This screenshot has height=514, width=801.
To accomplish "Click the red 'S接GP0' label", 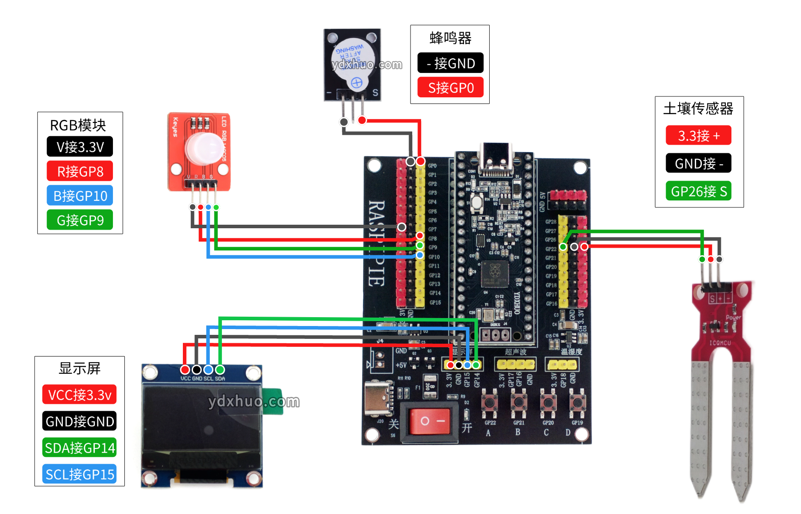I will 450,88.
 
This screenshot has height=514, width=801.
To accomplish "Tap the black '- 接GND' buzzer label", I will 450,63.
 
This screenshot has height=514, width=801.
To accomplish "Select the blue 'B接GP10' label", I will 80,196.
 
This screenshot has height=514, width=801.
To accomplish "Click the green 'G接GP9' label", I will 80,220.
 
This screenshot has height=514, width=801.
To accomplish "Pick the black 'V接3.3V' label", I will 80,147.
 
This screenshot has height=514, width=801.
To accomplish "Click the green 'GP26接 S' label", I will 698,191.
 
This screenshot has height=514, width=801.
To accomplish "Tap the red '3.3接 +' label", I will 698,135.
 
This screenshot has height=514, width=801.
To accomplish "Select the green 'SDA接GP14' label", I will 80,448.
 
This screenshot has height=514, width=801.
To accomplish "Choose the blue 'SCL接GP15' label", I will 80,474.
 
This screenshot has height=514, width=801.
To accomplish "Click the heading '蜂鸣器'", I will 450,38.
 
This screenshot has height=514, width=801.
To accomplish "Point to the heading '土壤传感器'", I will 698,108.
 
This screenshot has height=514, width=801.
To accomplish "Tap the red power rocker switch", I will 429,421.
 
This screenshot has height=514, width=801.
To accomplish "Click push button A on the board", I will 489,402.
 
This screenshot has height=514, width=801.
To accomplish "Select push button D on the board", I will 577,402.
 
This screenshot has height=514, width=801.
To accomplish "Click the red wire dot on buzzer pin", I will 362,120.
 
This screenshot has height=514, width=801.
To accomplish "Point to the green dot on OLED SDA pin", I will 220,369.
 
